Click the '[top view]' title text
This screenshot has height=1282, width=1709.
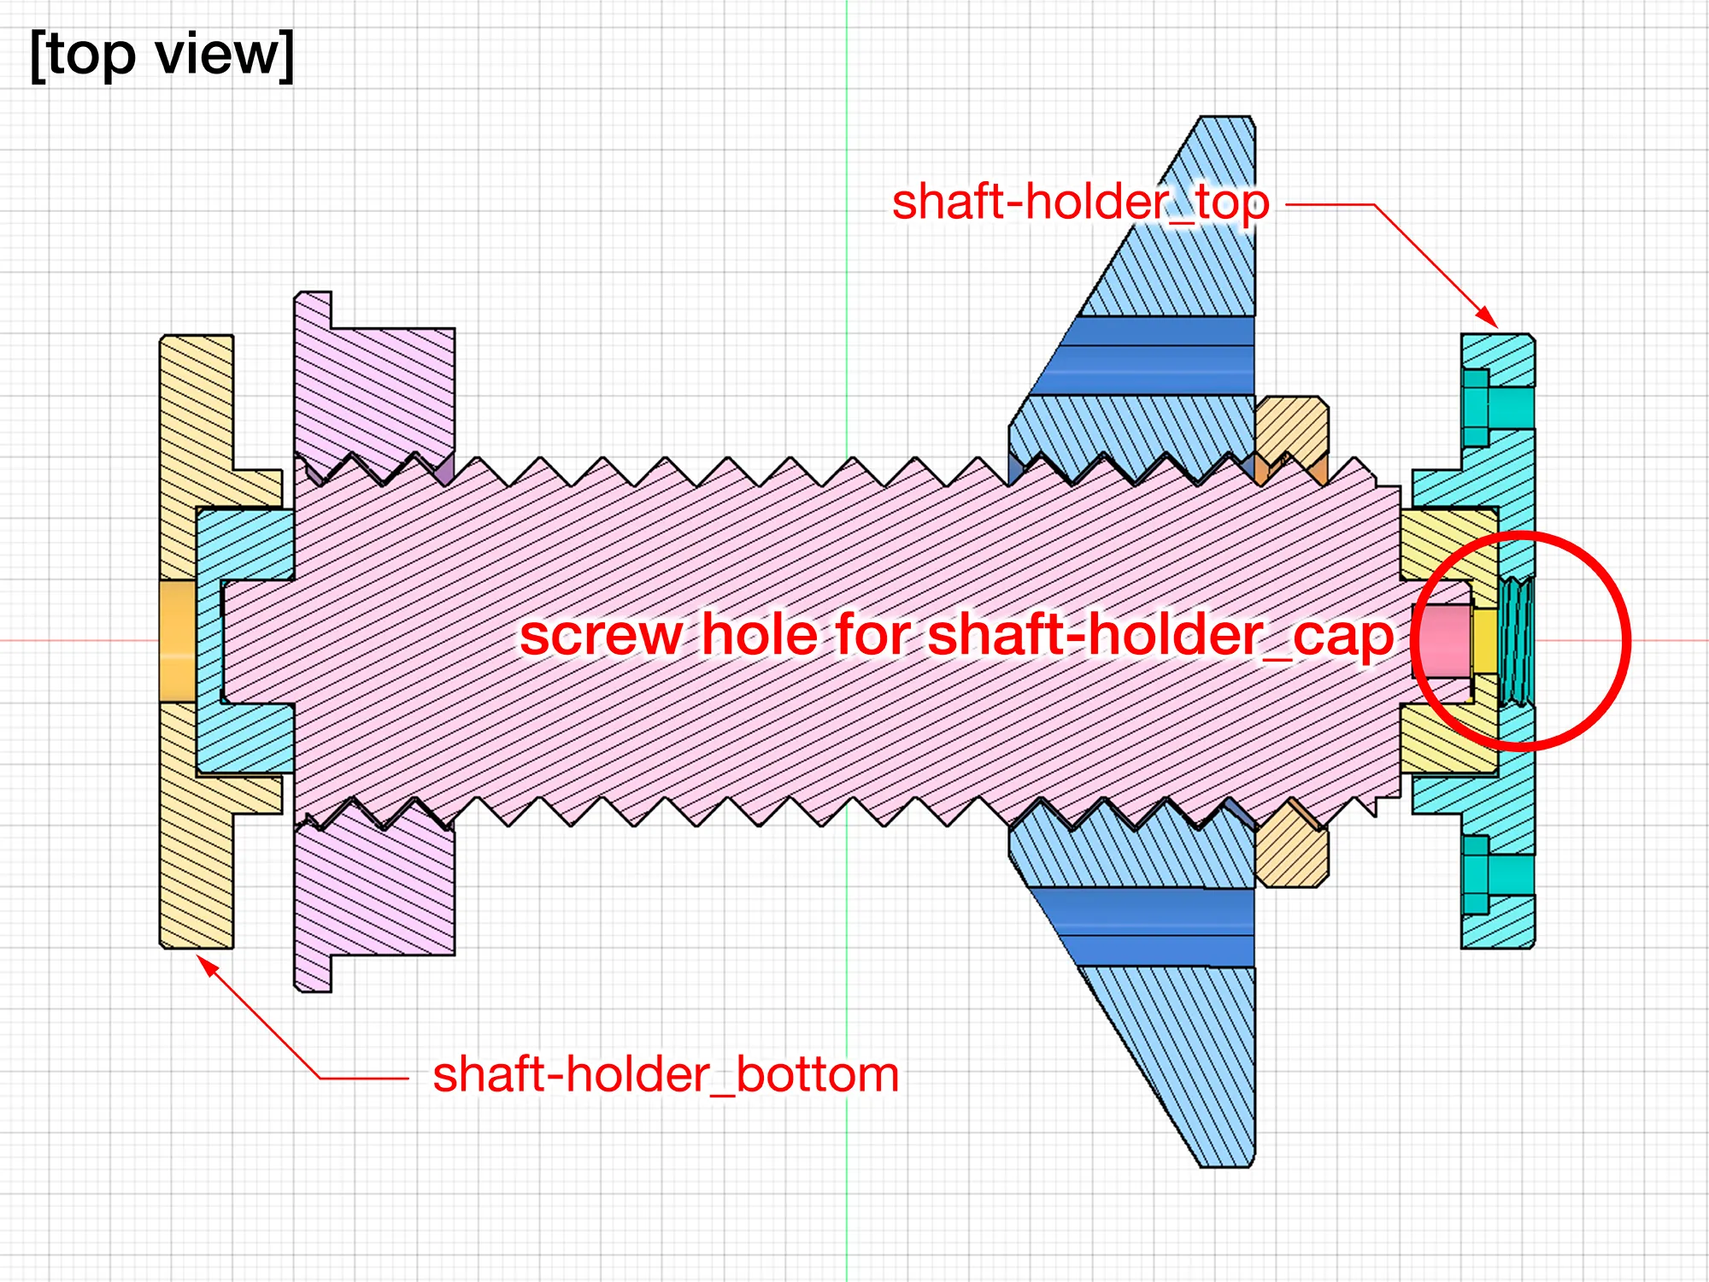point(162,55)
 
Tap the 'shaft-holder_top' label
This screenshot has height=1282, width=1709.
point(1080,203)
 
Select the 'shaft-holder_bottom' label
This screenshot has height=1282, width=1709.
point(666,1074)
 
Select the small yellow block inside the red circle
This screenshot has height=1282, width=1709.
point(1485,641)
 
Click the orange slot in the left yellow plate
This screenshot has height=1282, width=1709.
point(178,641)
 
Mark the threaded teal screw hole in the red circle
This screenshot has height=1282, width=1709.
point(1517,641)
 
